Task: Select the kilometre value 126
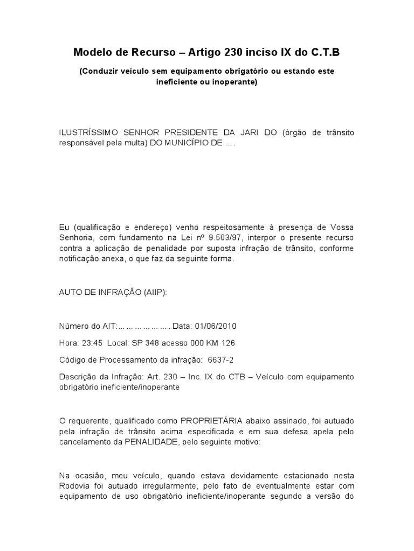coord(227,343)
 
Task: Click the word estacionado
coord(302,475)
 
